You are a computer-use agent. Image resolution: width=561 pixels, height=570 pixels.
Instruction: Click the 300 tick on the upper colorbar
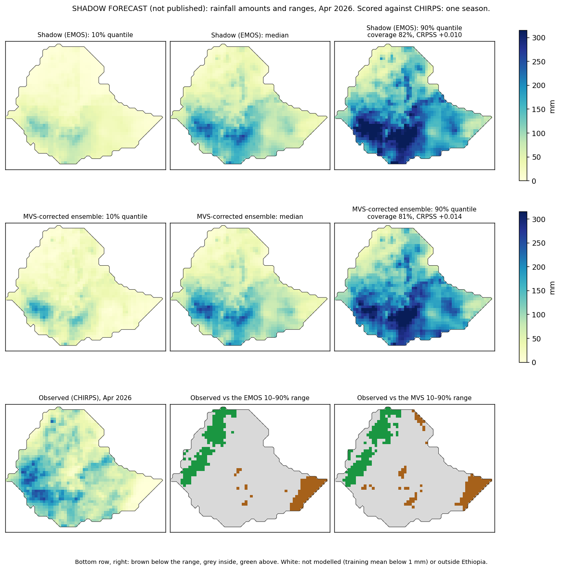(539, 38)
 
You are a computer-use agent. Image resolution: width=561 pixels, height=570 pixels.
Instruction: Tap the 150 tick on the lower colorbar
(539, 291)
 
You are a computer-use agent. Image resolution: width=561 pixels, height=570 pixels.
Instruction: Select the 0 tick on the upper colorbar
(534, 181)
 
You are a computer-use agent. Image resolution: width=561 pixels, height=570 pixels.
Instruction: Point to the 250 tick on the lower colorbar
(539, 243)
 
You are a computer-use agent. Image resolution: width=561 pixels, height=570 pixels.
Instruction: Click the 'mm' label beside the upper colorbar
(552, 107)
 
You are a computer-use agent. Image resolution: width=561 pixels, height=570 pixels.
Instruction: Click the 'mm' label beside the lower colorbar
(552, 288)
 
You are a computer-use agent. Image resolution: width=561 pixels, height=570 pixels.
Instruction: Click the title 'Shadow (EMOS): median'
(250, 35)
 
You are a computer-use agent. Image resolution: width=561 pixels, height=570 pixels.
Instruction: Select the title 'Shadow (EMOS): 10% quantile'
(85, 35)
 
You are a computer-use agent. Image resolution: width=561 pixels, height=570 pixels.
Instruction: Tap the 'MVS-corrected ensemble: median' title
(250, 217)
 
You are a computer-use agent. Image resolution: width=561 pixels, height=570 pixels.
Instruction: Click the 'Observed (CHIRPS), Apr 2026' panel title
(85, 398)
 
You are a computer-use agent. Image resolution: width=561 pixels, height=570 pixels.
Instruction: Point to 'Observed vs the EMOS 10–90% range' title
(250, 398)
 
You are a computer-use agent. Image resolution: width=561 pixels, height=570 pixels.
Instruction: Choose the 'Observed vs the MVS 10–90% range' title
(414, 398)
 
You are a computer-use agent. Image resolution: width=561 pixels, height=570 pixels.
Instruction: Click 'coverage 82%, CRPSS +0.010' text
(415, 35)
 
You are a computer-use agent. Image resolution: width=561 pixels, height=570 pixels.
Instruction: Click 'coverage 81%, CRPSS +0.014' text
(415, 216)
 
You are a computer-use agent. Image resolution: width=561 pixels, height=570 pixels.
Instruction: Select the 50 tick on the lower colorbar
(536, 339)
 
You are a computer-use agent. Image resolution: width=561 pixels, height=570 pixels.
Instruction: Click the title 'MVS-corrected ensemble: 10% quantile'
(85, 216)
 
